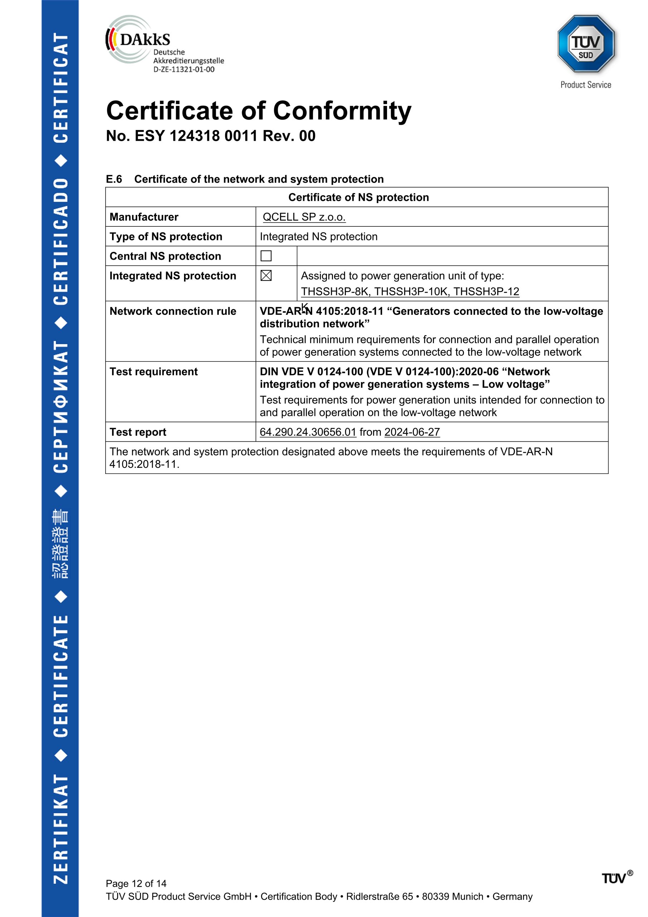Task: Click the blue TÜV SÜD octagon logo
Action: click(585, 44)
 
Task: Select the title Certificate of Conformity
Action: click(258, 111)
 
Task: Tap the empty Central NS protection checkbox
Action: click(266, 256)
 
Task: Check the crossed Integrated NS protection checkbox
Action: click(266, 275)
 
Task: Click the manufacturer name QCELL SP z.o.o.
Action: click(304, 217)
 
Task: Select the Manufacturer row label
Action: click(144, 217)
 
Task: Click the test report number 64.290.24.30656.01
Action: click(308, 432)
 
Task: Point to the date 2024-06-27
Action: click(412, 432)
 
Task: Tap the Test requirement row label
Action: click(153, 372)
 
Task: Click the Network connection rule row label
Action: click(173, 311)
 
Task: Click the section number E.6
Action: click(114, 179)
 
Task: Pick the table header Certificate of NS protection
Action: click(358, 197)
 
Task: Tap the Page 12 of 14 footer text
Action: click(136, 883)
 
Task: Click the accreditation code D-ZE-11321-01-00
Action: click(184, 69)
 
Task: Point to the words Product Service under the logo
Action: click(585, 85)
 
